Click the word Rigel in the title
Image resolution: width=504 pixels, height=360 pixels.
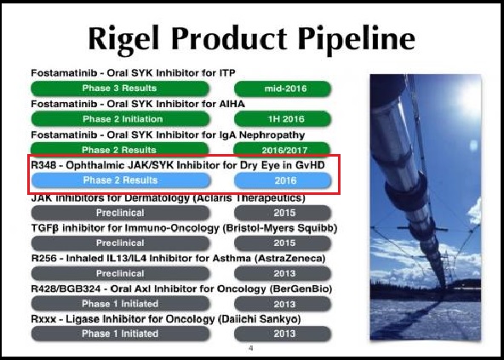click(123, 38)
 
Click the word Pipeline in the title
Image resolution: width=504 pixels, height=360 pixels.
click(357, 39)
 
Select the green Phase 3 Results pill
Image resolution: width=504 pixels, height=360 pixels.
click(120, 89)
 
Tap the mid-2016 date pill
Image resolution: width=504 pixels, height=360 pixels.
click(283, 89)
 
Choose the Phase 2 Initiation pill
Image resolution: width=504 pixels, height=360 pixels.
click(120, 119)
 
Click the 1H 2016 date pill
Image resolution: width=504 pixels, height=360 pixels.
click(283, 119)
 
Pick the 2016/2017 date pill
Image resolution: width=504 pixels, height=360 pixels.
click(282, 149)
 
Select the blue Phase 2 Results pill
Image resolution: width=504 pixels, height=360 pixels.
click(121, 180)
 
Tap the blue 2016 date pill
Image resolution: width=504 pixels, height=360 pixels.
click(283, 180)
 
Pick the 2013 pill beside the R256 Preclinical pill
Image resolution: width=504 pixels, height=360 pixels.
click(283, 273)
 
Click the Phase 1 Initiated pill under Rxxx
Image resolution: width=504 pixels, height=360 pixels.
click(120, 334)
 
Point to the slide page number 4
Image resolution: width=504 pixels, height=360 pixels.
click(251, 348)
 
